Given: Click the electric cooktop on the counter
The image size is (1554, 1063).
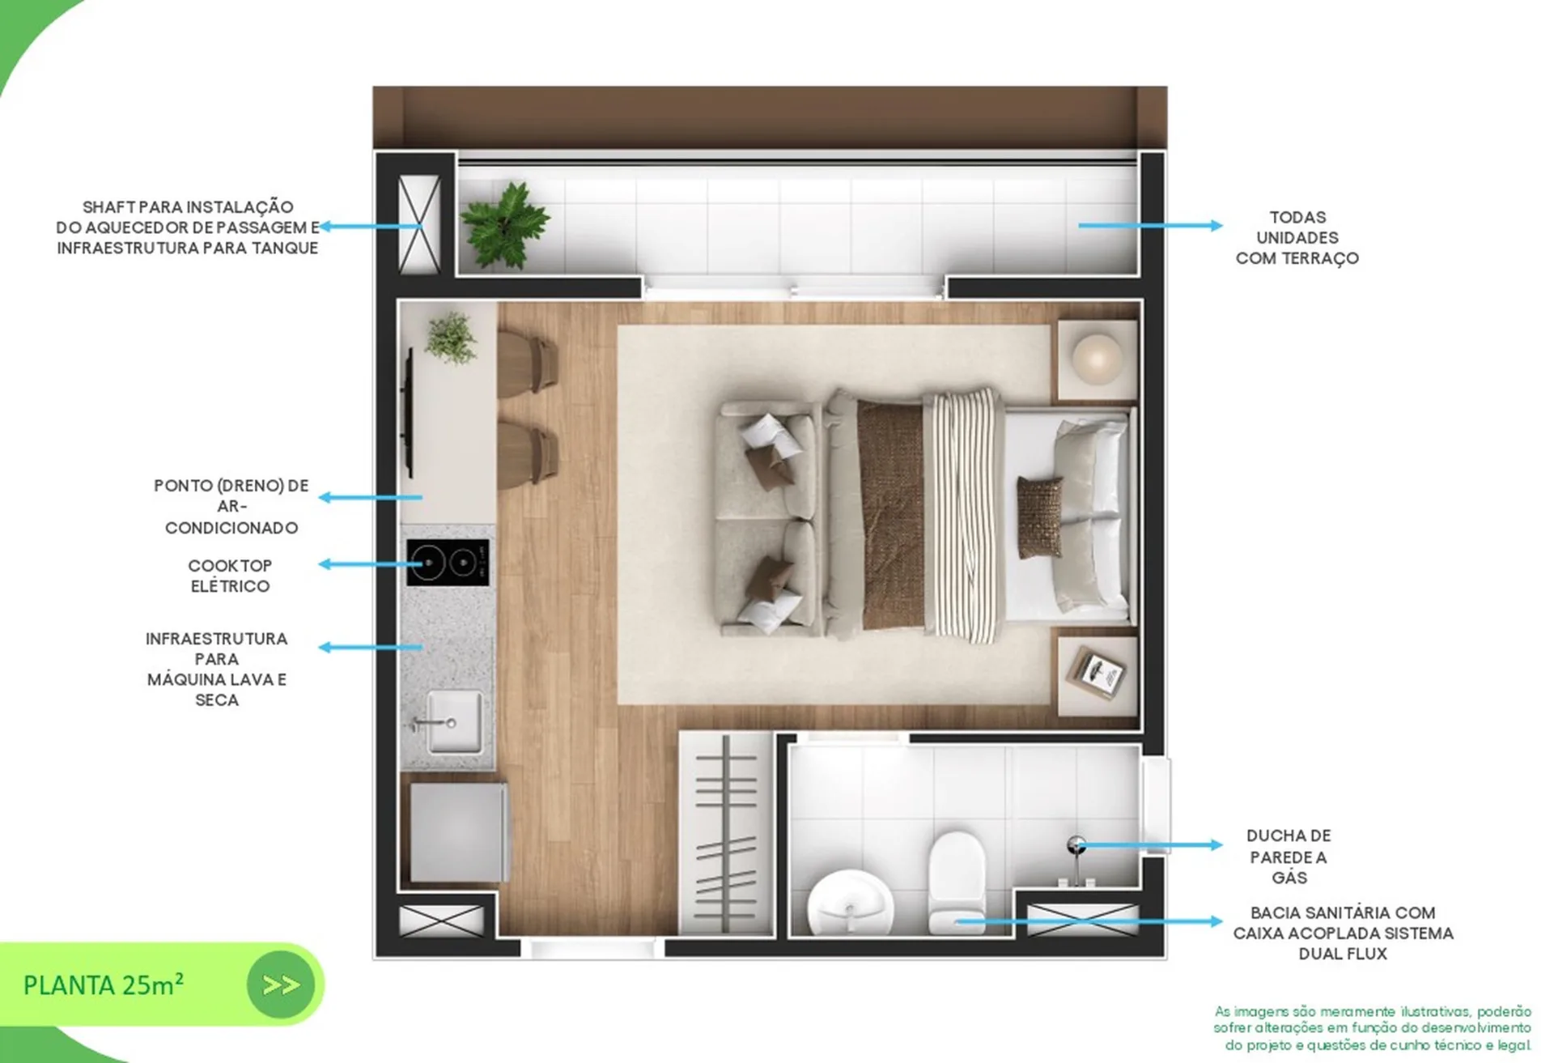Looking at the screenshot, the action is coord(448,562).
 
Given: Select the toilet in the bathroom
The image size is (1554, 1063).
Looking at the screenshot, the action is coord(957,882).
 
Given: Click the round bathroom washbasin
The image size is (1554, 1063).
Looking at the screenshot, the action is coord(850,904).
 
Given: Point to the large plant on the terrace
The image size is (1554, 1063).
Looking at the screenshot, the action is coord(505,225).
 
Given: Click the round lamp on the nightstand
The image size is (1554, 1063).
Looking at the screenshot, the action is coord(1097,357).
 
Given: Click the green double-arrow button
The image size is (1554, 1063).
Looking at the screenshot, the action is coord(281,984).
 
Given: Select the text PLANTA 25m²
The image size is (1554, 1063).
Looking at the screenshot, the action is coord(104,985).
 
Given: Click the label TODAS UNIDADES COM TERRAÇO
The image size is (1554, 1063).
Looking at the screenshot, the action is coord(1297,238).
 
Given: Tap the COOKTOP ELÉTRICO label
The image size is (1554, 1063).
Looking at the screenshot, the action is coord(230,576).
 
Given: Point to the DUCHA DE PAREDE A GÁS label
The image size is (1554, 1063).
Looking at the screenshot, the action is coord(1289,857).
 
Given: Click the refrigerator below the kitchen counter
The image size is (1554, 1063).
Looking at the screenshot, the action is coord(459,831).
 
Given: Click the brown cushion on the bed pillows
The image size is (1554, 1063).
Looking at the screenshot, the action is coord(1039,517).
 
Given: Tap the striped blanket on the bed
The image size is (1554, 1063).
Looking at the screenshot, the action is coord(963,516).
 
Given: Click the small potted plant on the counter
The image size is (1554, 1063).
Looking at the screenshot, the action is coord(451,337).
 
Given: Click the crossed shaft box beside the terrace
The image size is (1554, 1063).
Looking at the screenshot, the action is coord(419,224).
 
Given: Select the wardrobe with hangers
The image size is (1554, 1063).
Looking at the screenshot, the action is coord(726,834).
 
